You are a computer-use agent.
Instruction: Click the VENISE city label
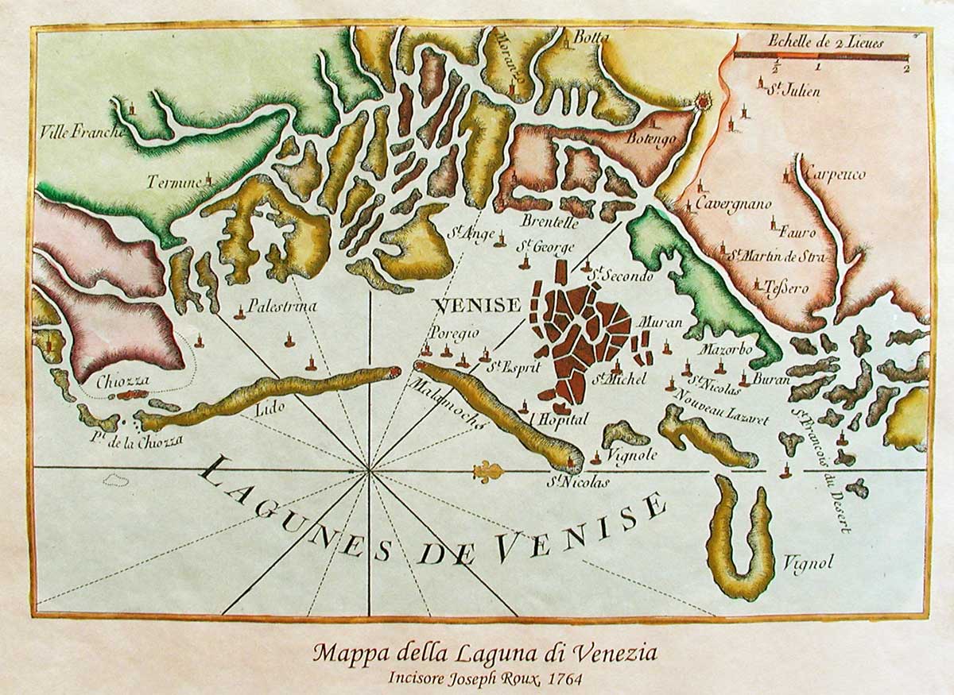point(478,305)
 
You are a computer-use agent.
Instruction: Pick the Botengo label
point(650,139)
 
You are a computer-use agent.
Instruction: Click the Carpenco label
point(834,175)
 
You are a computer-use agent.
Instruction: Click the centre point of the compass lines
point(369,470)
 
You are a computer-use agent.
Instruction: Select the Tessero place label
point(787,288)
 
